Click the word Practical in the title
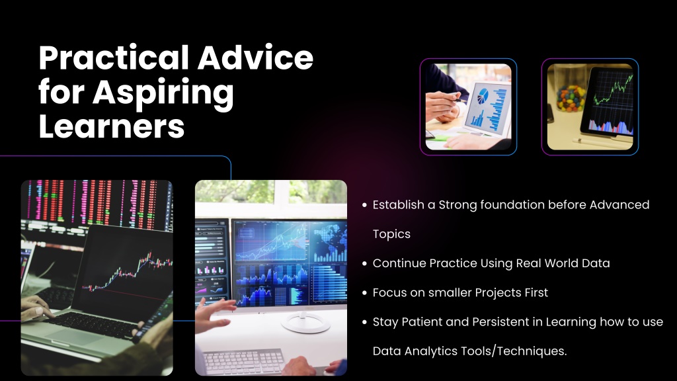pyautogui.click(x=114, y=58)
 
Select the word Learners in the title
pyautogui.click(x=111, y=126)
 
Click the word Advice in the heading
pyautogui.click(x=256, y=58)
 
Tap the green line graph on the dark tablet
pyautogui.click(x=613, y=91)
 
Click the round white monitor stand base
pyautogui.click(x=305, y=323)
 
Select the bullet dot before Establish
pyautogui.click(x=364, y=205)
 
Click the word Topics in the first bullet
pyautogui.click(x=391, y=234)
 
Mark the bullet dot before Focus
pyautogui.click(x=364, y=293)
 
